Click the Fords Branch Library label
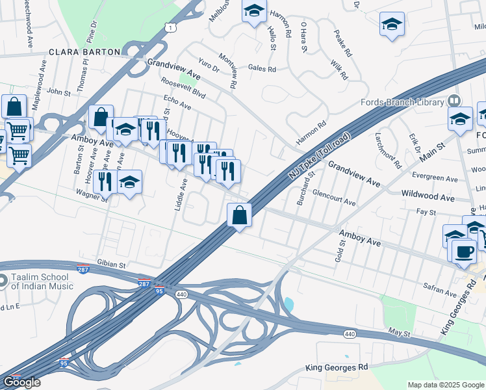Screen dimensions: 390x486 point(402,102)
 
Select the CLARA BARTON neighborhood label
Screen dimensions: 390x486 point(85,51)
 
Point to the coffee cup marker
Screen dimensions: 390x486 point(463,250)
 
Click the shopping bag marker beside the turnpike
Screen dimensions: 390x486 point(240,214)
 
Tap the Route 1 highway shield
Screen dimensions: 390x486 point(170,27)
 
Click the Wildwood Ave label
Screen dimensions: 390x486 point(428,196)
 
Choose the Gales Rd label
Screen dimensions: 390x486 point(262,69)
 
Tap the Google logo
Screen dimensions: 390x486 point(21,382)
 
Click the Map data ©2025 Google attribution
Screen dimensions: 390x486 point(446,385)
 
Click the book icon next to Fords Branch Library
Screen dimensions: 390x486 point(454,101)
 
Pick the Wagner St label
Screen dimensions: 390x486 point(91,193)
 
